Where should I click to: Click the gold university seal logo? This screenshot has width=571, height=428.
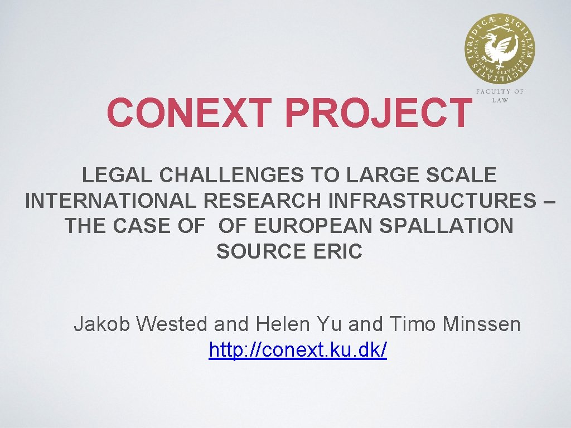click(x=499, y=49)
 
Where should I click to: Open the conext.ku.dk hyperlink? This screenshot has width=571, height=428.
click(x=298, y=351)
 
